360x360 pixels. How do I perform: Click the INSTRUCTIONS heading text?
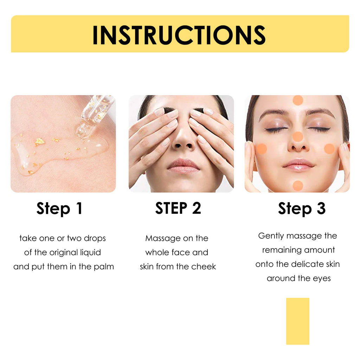[x=179, y=35]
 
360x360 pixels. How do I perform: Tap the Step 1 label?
[x=59, y=208]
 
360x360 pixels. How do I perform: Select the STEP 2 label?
[x=178, y=208]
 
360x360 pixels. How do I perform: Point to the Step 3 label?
[x=302, y=208]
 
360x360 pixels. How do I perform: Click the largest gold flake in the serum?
[x=39, y=141]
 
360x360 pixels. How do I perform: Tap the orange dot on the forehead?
[x=298, y=100]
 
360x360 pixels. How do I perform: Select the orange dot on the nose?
[x=298, y=137]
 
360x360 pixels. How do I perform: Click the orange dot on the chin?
[x=298, y=185]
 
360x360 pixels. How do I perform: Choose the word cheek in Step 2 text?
[x=204, y=266]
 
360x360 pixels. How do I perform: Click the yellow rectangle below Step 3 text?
[x=297, y=321]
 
